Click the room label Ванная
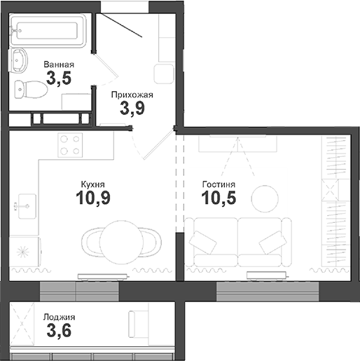pyautogui.click(x=58, y=65)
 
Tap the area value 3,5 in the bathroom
pyautogui.click(x=59, y=79)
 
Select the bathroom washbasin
pyautogui.click(x=20, y=60)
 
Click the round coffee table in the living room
pyautogui.click(x=265, y=197)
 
